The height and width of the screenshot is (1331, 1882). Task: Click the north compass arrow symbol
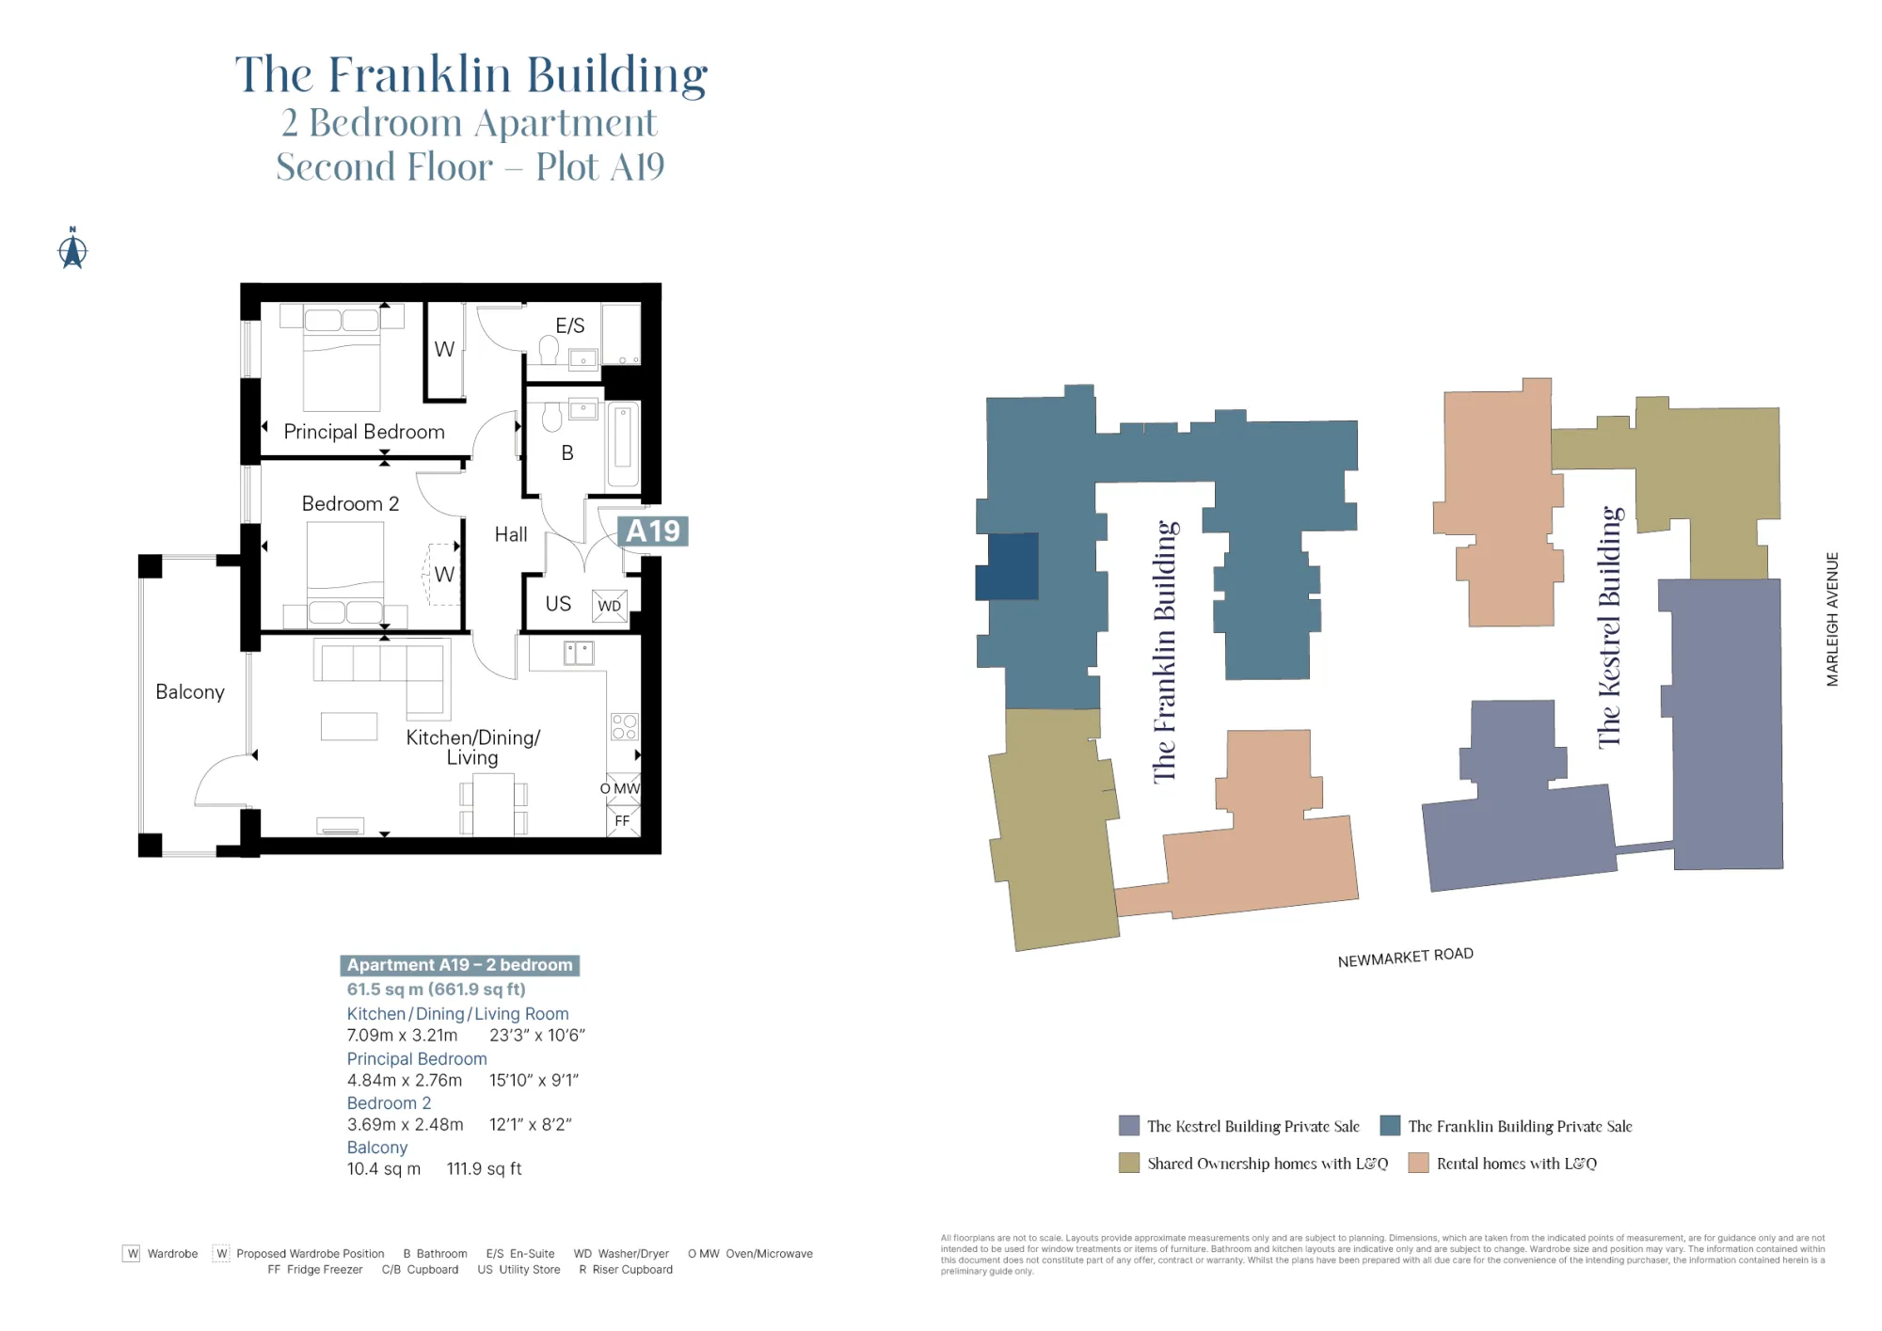72,249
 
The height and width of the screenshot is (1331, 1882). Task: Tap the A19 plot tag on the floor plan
652,531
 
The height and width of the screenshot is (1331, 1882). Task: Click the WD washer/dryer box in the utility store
609,606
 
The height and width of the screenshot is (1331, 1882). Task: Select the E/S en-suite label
569,325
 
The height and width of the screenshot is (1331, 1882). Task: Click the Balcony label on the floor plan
190,692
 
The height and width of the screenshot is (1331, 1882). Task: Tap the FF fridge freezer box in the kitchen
623,821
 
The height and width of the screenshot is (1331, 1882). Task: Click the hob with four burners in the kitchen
624,726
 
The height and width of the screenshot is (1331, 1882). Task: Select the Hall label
511,534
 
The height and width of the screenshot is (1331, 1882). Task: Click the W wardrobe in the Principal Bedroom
444,349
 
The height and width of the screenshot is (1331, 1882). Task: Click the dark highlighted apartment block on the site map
1008,566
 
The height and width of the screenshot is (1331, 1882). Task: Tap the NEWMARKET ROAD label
1405,957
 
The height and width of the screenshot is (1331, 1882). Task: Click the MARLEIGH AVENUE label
1832,619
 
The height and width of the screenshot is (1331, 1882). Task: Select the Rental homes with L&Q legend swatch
1418,1164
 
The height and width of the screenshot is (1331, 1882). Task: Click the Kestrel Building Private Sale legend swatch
1129,1126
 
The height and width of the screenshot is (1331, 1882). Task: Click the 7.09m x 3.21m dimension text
402,1036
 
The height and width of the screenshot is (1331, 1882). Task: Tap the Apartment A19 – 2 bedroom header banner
459,965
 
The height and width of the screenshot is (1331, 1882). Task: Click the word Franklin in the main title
419,74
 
